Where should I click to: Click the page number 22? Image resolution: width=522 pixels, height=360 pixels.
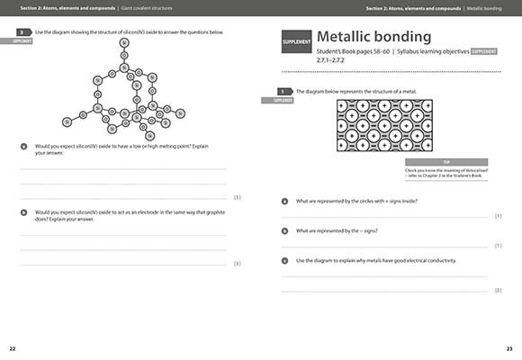(x=12, y=348)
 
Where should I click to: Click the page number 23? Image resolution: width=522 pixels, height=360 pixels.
(x=509, y=348)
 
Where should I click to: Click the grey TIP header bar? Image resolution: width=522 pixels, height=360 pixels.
(x=445, y=161)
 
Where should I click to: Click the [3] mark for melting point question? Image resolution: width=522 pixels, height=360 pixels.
(x=237, y=197)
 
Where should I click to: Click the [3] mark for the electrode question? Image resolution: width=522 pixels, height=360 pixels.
(x=237, y=263)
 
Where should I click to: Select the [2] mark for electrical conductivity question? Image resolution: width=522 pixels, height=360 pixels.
(x=498, y=290)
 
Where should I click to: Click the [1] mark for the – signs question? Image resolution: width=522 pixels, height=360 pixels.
(x=498, y=246)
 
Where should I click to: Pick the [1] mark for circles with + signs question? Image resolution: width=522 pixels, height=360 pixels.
(x=498, y=216)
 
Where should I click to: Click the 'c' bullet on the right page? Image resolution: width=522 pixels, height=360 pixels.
(x=284, y=261)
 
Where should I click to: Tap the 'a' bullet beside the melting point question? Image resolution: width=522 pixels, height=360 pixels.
(x=22, y=146)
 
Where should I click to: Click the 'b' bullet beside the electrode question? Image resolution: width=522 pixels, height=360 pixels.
(x=22, y=211)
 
